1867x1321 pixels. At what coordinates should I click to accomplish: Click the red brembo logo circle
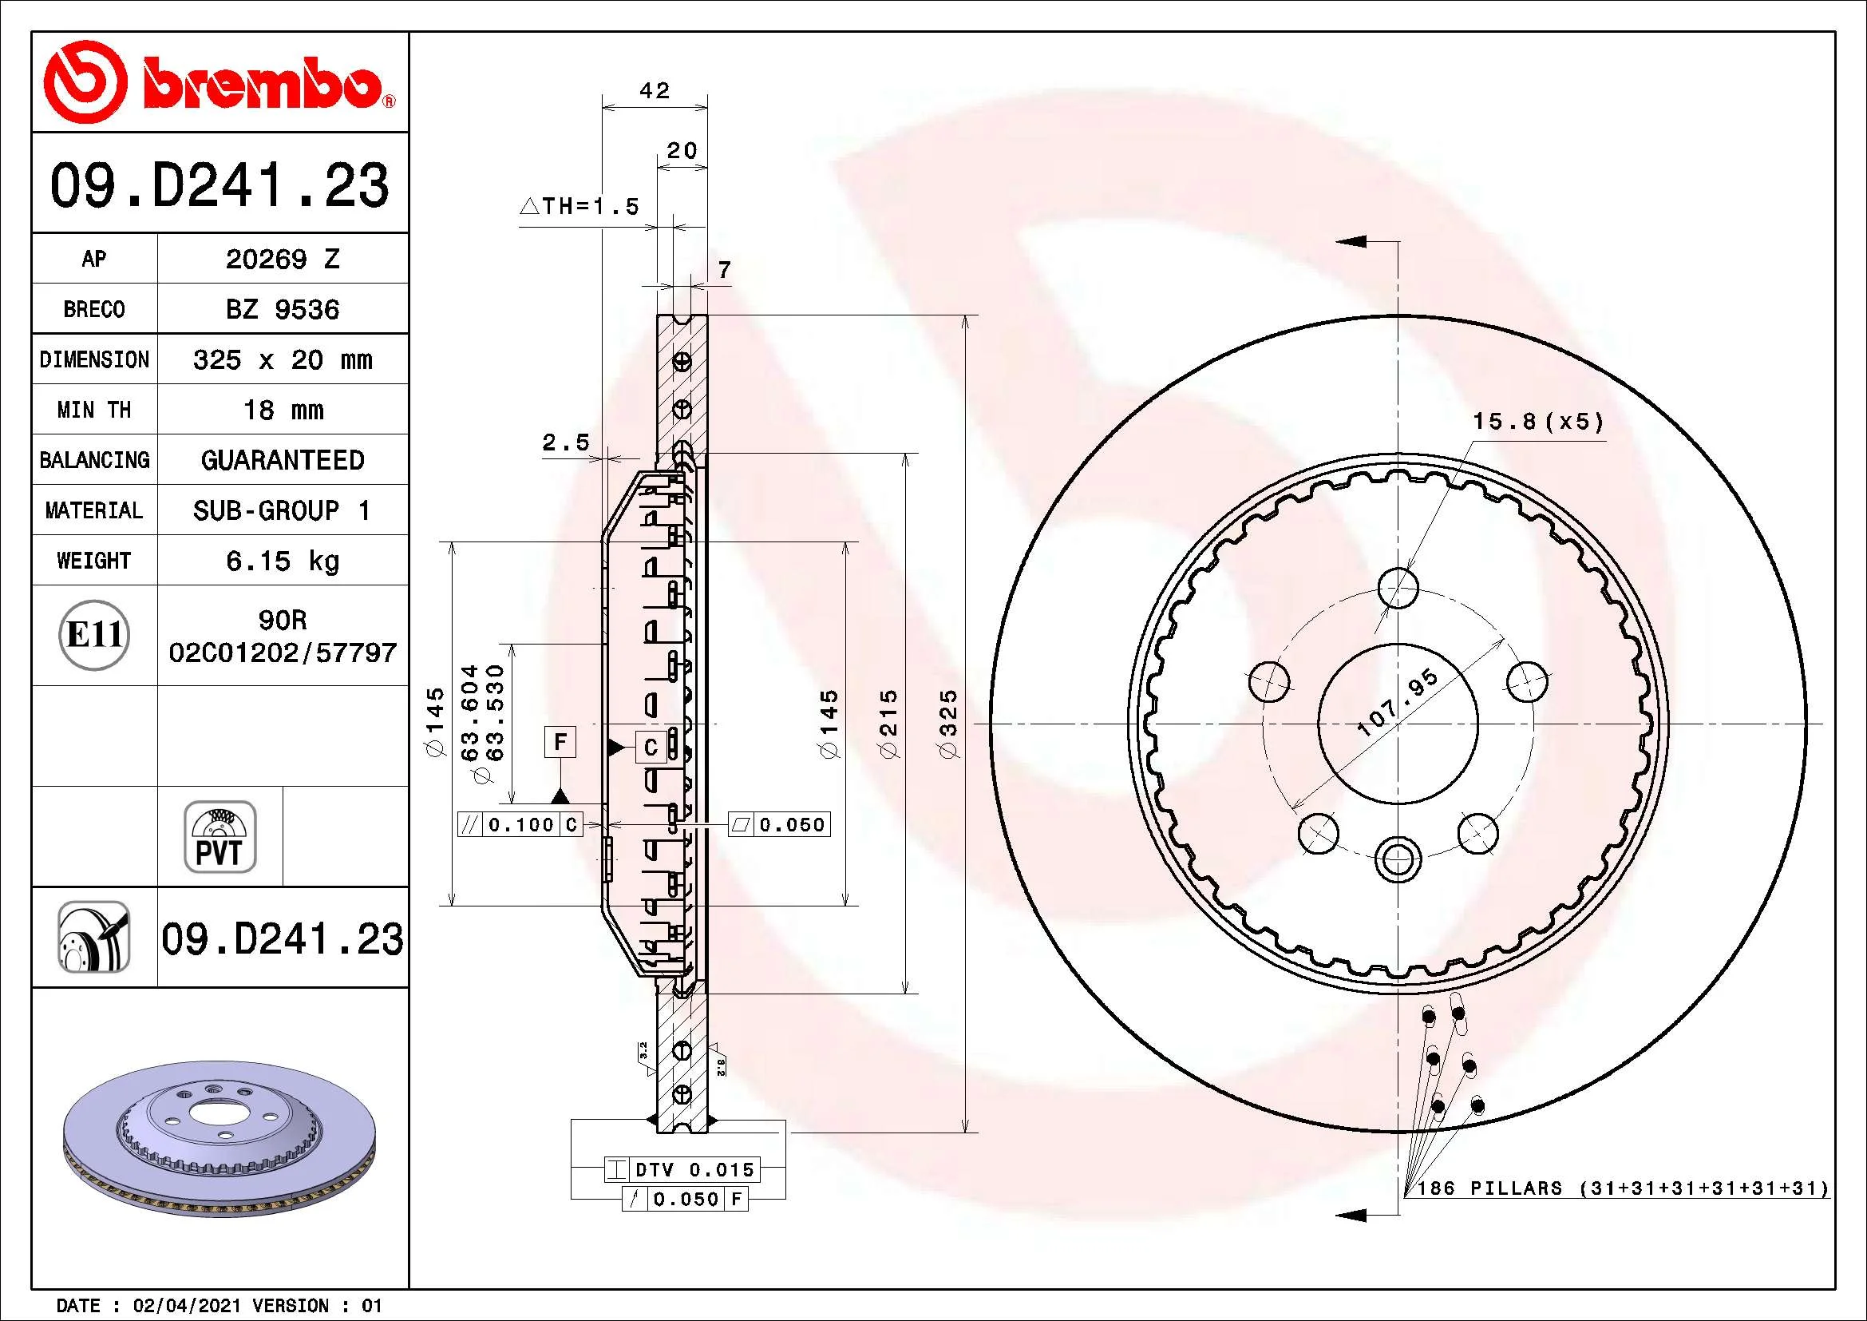pos(85,83)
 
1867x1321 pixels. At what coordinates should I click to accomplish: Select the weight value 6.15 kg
pos(282,561)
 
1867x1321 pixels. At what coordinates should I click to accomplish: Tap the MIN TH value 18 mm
pos(283,410)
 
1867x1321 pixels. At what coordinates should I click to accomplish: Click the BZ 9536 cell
pos(282,309)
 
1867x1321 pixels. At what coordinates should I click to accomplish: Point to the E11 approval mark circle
pos(95,634)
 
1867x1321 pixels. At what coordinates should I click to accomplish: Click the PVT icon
pos(220,836)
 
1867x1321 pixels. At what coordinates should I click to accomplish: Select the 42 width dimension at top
pos(655,90)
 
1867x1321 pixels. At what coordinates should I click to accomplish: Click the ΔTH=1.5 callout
pos(579,207)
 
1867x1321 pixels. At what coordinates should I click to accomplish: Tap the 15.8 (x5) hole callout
pos(1538,422)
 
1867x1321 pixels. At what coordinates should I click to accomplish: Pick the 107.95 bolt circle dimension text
pos(1398,703)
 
